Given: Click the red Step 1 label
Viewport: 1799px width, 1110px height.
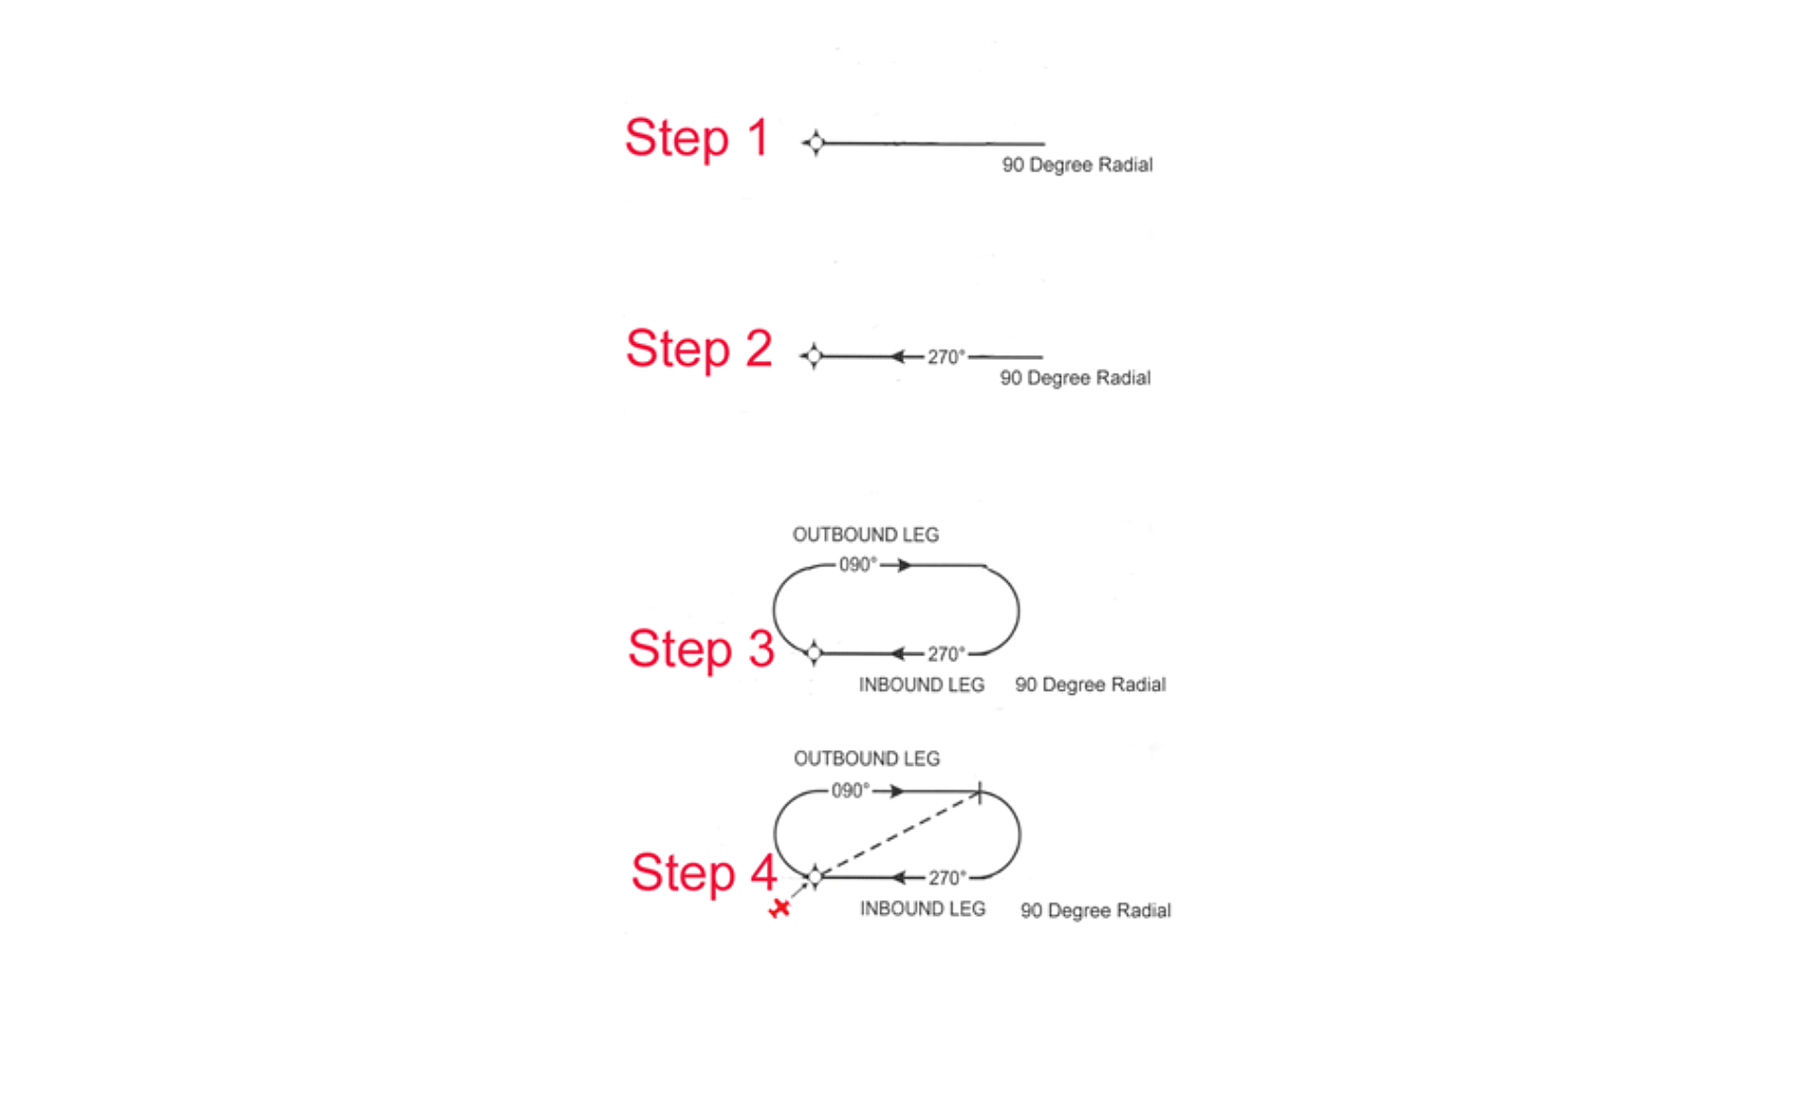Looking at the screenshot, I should click(x=697, y=139).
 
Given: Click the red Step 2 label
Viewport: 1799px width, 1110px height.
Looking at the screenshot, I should click(x=698, y=349).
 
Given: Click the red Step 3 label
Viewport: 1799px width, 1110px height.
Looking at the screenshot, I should click(x=700, y=649).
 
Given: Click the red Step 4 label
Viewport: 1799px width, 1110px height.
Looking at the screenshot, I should click(x=703, y=873).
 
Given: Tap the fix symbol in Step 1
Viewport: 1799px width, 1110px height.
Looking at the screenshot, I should click(x=815, y=143).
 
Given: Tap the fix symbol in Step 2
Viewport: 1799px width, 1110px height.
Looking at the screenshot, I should click(x=813, y=356).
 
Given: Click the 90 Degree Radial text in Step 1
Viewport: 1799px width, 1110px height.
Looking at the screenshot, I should click(x=1077, y=165).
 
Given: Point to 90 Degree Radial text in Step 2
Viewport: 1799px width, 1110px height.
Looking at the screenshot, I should click(x=1074, y=378).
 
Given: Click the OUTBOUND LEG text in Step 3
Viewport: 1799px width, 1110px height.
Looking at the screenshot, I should click(x=865, y=534).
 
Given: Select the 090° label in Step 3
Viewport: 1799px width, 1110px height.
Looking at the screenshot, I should click(x=858, y=564).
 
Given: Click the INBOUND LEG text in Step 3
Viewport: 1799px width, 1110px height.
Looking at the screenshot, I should click(x=922, y=685).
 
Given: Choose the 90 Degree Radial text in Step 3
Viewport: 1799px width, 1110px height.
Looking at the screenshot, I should click(x=1090, y=685).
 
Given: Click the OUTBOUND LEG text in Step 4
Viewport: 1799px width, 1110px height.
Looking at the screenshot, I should click(x=866, y=758).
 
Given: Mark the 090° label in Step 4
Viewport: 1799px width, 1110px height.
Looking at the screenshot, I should click(x=850, y=791).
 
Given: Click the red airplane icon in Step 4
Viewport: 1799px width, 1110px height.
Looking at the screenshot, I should click(x=779, y=908).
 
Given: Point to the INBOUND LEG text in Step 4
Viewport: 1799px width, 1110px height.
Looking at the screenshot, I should click(x=922, y=909).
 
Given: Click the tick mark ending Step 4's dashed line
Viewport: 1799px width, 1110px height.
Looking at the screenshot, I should click(x=979, y=793).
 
